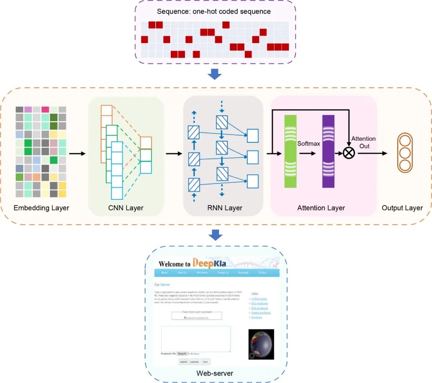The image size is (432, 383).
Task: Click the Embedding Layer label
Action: coord(41,208)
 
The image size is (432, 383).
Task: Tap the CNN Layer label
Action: coord(126,208)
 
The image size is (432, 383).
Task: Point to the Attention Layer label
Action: coord(321,208)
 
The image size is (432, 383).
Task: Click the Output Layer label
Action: coord(402,208)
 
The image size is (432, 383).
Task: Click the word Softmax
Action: coord(308,143)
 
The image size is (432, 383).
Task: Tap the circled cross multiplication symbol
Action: coord(349,153)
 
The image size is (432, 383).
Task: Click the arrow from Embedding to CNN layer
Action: coord(77,153)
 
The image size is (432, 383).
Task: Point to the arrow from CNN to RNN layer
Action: coord(174,153)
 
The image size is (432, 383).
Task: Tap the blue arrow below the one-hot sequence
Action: coord(216,74)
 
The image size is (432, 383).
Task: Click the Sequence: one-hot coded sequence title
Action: coord(214,12)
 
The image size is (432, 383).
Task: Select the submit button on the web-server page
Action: coord(183,362)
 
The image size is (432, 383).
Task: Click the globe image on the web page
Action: coord(261,344)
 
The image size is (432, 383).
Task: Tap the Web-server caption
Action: coord(214,373)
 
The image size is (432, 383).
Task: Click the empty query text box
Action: coord(196,339)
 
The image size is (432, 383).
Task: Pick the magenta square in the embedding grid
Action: coord(45,110)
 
